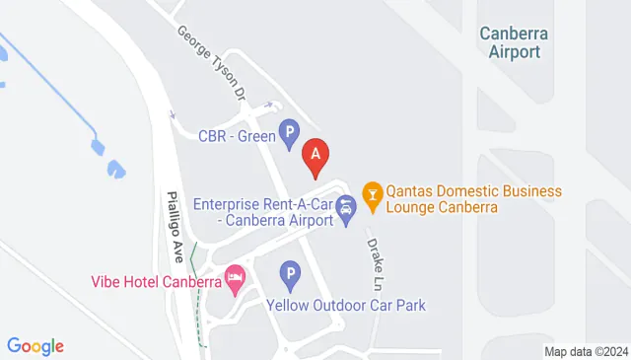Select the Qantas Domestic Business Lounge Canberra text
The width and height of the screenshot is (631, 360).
[x=474, y=199]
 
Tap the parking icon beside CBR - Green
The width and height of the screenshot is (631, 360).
[x=289, y=131]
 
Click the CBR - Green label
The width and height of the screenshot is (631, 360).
[x=237, y=136]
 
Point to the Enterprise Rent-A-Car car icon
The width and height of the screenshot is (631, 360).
[x=346, y=210]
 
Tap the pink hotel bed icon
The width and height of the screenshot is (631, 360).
[x=235, y=279]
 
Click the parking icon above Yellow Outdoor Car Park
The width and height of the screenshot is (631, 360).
[x=289, y=272]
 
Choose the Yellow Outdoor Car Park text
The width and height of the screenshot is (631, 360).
[x=346, y=306]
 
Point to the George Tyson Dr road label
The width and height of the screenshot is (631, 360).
[x=212, y=63]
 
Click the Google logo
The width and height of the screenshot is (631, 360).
[x=35, y=346]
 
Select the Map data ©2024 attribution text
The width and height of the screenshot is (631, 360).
[x=586, y=351]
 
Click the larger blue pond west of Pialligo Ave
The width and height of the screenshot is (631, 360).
[x=114, y=169]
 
